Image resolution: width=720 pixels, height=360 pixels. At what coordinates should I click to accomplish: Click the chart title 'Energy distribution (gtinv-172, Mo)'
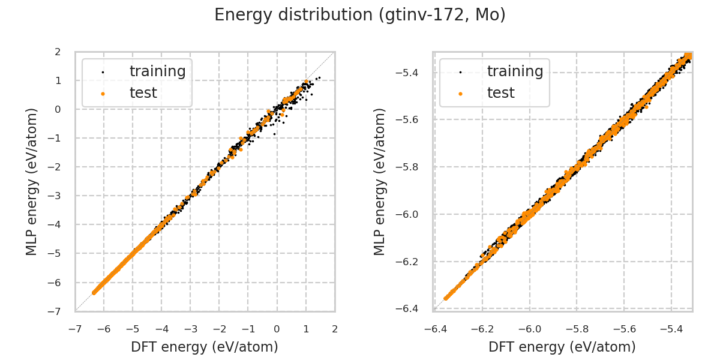[x=360, y=15]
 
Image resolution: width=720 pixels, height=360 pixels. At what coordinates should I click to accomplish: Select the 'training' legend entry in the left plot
[x=157, y=71]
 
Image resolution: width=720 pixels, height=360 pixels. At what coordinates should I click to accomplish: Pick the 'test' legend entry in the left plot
[x=143, y=93]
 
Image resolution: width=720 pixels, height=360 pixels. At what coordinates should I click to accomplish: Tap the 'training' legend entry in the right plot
[x=515, y=71]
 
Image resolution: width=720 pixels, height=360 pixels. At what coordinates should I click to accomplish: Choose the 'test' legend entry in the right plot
[x=500, y=93]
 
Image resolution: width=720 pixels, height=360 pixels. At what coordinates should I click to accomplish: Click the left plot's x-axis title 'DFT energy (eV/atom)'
[x=205, y=347]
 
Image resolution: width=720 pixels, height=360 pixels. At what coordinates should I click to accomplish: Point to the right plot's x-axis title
[x=562, y=347]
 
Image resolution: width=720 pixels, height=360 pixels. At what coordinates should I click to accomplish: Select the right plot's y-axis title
[x=380, y=181]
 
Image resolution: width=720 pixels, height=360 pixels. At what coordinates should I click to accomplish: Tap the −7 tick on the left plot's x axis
[x=74, y=329]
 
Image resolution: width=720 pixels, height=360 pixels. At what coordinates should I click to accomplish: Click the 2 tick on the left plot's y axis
[x=58, y=52]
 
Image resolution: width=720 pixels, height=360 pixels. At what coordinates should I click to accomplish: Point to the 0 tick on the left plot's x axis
[x=277, y=329]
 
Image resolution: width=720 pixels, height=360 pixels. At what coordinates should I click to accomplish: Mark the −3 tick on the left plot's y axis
[x=56, y=196]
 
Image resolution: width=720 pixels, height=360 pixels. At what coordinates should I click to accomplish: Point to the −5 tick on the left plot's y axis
[x=56, y=253]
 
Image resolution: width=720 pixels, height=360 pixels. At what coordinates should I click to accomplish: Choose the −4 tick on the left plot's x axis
[x=161, y=329]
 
